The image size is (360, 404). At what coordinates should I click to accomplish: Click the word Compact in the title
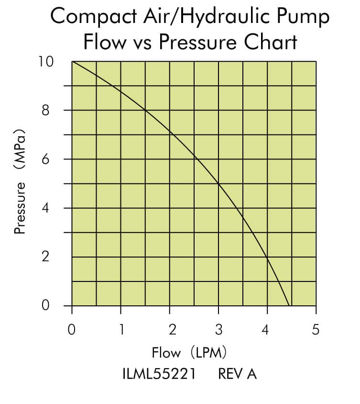point(87,17)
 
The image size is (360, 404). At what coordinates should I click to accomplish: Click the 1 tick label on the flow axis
point(121,330)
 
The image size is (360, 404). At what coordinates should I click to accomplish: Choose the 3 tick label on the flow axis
point(218,330)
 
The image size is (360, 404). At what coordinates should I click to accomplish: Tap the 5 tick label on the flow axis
point(316,330)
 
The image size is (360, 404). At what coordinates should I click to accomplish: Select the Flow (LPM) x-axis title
point(189,353)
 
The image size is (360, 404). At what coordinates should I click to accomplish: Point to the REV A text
point(238,374)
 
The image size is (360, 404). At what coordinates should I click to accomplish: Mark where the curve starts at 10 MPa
point(72,62)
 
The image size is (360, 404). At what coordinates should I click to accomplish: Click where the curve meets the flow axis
point(289,305)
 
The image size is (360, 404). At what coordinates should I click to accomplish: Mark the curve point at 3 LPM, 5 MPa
point(218,184)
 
